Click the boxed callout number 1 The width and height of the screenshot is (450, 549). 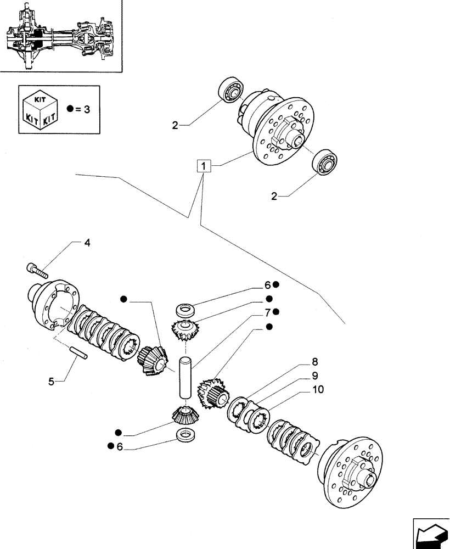204,165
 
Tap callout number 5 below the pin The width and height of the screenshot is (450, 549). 51,380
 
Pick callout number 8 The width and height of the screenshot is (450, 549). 315,362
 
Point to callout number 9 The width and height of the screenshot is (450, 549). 315,377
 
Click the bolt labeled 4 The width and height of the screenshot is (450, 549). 37,269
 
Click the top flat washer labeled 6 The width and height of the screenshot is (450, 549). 184,309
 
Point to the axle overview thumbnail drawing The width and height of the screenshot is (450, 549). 60,36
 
